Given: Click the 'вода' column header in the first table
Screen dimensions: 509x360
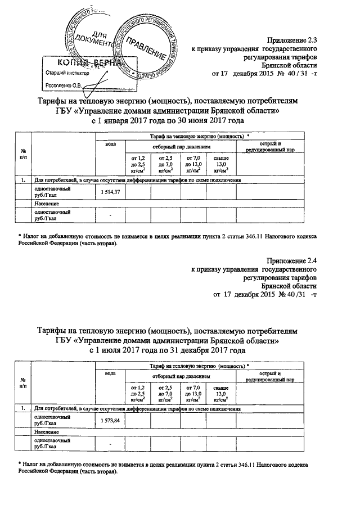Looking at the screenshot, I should [110, 145].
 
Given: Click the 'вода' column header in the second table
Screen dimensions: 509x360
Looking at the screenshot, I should [110, 373].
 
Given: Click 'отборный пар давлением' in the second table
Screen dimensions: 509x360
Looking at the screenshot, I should [180, 375].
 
